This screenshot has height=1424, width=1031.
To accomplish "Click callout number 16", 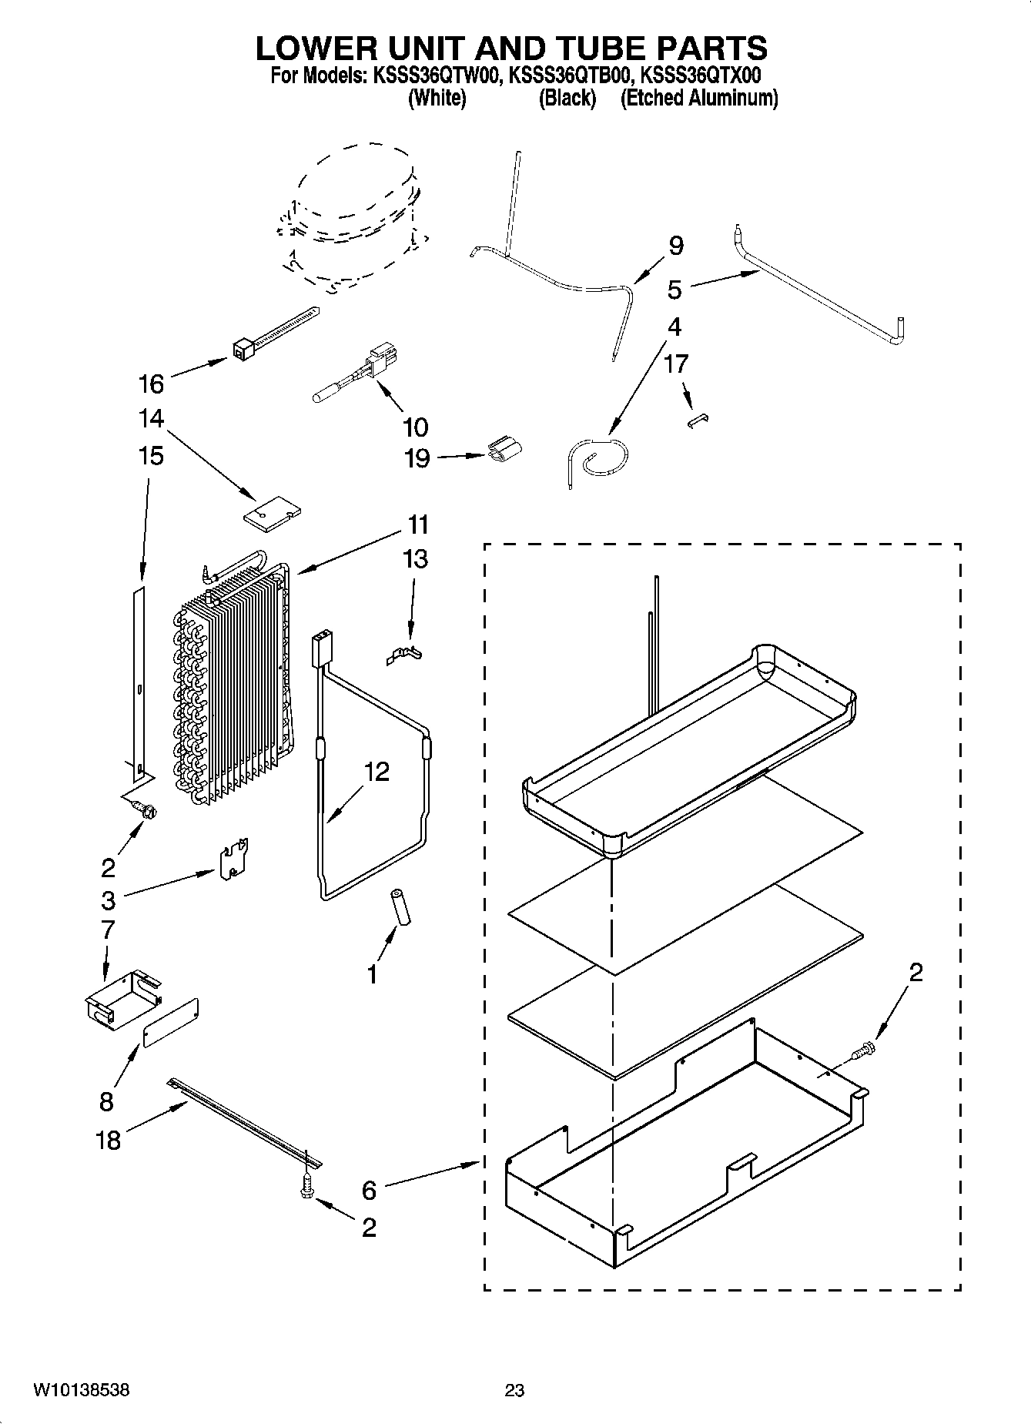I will coord(151,383).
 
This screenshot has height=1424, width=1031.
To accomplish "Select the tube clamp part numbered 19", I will coord(505,451).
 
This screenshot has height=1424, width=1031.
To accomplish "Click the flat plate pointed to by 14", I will coord(272,514).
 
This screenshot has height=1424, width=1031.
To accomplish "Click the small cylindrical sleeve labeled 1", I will coord(400,907).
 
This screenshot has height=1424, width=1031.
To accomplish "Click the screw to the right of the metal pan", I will coord(865,1048).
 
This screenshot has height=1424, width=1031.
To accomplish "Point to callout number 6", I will coord(369,1190).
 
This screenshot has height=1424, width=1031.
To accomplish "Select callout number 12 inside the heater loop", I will coord(377,771).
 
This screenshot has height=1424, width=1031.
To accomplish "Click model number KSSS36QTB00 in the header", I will coord(571,75).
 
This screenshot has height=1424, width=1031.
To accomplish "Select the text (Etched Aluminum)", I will coord(698,98).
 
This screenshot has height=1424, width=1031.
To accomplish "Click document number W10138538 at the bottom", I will coord(81,1390).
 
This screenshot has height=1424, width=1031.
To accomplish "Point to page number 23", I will coord(514,1390).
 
